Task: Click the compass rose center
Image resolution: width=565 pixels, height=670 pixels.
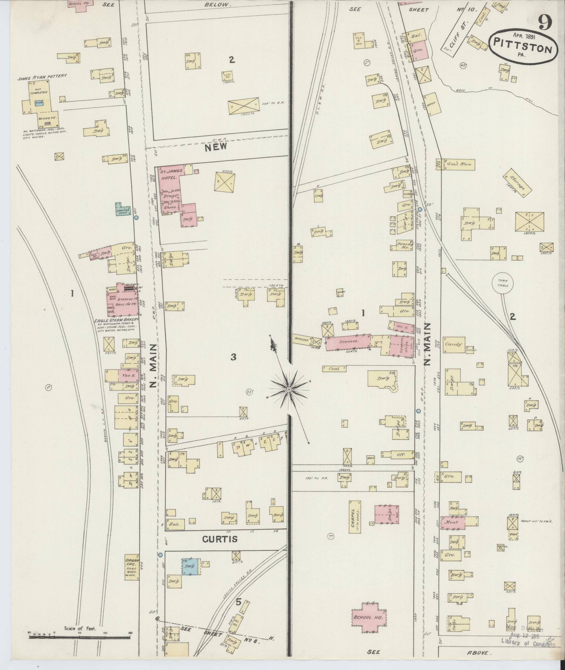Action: [289, 389]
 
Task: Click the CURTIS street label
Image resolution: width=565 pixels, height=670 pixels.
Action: [220, 539]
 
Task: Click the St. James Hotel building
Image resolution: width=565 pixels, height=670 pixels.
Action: [170, 178]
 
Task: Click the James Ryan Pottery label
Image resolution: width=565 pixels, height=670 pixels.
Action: [42, 76]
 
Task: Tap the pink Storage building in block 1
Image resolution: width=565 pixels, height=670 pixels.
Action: [347, 342]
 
